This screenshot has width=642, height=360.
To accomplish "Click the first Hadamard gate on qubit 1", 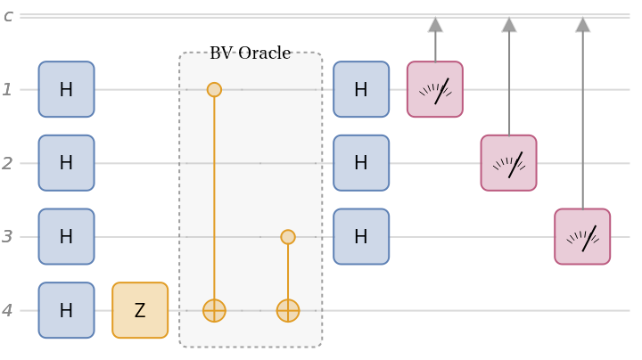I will (x=66, y=89).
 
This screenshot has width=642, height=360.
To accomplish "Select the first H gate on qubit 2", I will (x=66, y=163).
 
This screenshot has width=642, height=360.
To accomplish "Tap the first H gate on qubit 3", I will (x=66, y=237).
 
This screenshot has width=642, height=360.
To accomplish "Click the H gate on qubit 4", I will (x=66, y=310).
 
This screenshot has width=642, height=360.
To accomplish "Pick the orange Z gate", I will (x=140, y=310).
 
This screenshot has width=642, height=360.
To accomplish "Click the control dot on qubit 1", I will (x=214, y=89).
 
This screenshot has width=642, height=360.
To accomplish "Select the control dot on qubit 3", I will (x=287, y=237).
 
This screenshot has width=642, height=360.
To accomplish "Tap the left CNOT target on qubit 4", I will (x=214, y=310).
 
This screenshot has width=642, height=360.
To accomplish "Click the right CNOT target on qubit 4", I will (x=287, y=310).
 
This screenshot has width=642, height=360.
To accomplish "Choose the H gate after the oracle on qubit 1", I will (x=361, y=89).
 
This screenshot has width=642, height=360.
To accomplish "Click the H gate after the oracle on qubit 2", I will (x=361, y=163).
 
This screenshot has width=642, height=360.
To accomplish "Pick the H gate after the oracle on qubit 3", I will (x=361, y=237).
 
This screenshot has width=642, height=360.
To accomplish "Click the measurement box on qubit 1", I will (x=435, y=89).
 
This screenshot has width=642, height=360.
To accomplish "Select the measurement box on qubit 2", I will (x=508, y=163).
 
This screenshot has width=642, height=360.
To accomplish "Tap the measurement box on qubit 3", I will (x=582, y=237).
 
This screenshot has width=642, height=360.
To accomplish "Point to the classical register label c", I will (x=8, y=16).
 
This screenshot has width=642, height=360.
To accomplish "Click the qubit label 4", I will (x=8, y=310).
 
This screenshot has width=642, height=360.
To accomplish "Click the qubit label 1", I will (x=8, y=89).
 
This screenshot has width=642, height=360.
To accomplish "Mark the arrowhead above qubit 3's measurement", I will (x=582, y=24).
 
